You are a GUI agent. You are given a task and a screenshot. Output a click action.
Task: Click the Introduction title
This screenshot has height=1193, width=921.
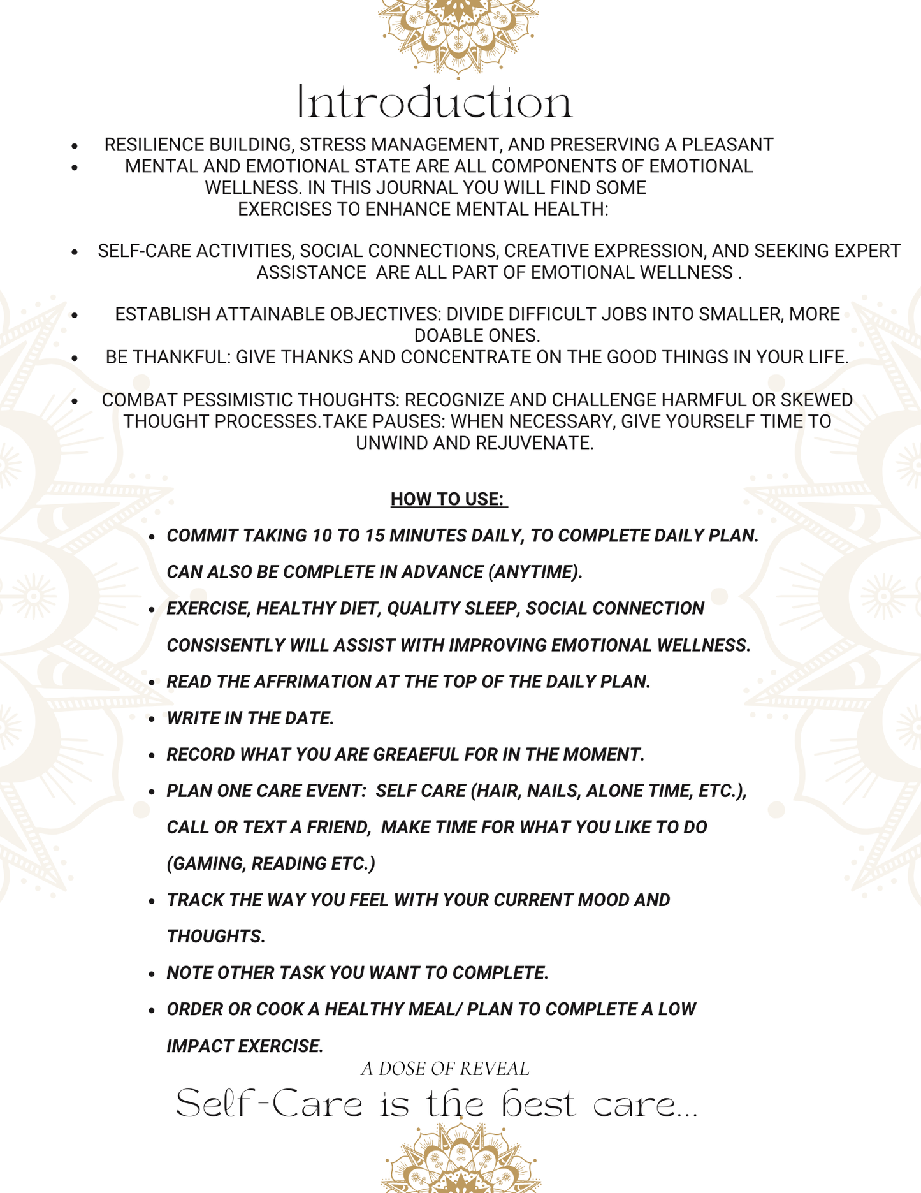point(435,102)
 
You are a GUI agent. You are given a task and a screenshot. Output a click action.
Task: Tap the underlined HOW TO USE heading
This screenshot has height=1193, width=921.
point(448,499)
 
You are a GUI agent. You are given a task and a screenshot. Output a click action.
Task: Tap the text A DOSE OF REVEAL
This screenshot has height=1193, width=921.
point(445,1069)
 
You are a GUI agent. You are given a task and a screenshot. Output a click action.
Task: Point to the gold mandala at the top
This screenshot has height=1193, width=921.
point(459,35)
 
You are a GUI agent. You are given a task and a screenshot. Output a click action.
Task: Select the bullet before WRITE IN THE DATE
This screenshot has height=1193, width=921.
point(152,719)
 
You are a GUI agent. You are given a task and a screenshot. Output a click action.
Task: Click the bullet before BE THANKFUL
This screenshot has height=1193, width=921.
point(75,358)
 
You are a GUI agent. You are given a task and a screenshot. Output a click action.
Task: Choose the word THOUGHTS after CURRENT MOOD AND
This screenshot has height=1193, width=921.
point(215,936)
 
